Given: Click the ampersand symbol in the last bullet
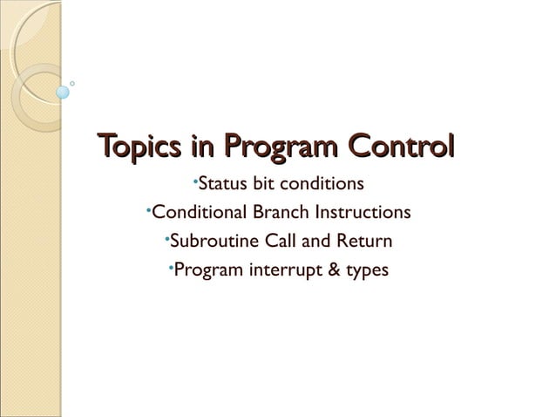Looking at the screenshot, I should tap(332, 270).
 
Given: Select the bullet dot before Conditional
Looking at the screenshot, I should tap(149, 208).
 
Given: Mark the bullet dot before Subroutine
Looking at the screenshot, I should tap(166, 236).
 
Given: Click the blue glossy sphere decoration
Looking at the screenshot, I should tap(63, 91).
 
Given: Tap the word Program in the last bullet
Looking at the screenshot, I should tap(206, 270).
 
